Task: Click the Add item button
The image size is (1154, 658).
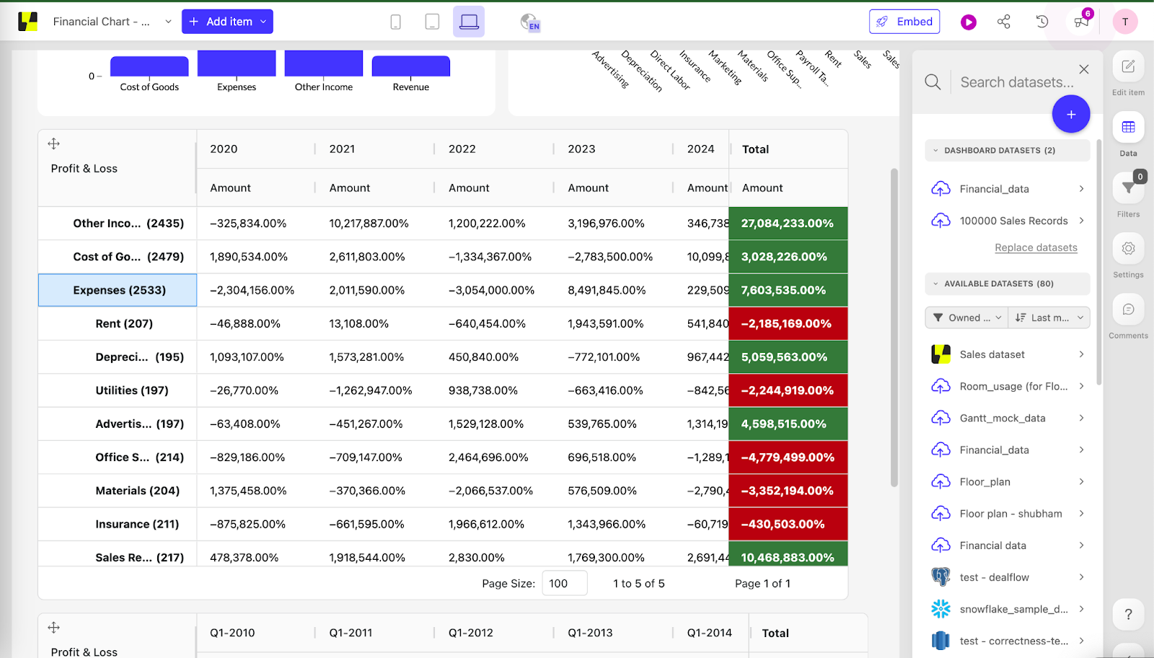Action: click(x=226, y=22)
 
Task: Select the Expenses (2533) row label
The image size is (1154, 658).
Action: click(x=119, y=290)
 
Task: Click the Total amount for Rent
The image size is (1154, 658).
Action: click(x=787, y=324)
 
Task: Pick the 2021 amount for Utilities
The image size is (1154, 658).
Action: click(x=370, y=390)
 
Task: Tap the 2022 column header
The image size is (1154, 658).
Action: click(x=462, y=149)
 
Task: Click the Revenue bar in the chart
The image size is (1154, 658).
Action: click(x=410, y=66)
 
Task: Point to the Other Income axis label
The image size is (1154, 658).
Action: click(x=323, y=87)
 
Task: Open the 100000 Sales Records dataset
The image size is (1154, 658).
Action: click(x=1013, y=221)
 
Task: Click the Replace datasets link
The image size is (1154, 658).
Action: click(x=1036, y=247)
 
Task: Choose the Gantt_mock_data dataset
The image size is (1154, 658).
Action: click(x=1002, y=418)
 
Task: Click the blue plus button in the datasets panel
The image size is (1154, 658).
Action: click(x=1070, y=114)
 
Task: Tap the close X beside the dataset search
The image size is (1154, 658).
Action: click(x=1083, y=69)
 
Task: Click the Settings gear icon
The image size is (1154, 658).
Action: click(x=1128, y=249)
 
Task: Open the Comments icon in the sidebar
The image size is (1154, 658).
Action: click(x=1128, y=310)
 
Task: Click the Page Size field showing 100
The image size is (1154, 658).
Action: click(x=564, y=583)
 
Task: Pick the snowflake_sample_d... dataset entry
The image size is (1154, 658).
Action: click(x=1013, y=609)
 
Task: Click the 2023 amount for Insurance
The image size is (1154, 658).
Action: click(x=606, y=525)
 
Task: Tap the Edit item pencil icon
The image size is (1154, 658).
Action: click(x=1128, y=67)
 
